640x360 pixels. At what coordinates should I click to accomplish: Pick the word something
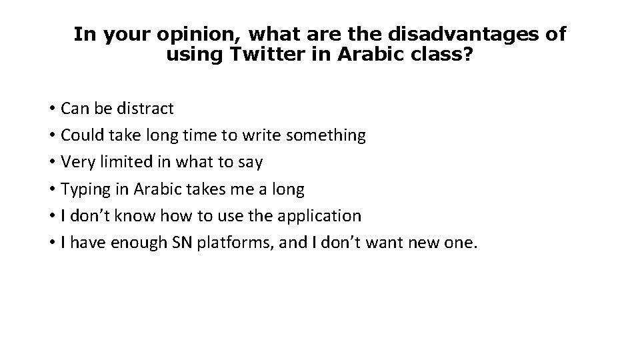point(325,135)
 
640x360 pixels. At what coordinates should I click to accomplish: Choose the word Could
point(81,135)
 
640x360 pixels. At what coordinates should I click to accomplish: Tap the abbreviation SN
point(181,243)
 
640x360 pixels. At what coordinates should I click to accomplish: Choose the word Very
point(77,162)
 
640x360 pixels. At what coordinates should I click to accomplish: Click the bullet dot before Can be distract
point(51,109)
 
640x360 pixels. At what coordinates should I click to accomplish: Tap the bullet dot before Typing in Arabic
point(51,190)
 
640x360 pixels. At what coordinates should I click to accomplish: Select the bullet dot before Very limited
point(51,163)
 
